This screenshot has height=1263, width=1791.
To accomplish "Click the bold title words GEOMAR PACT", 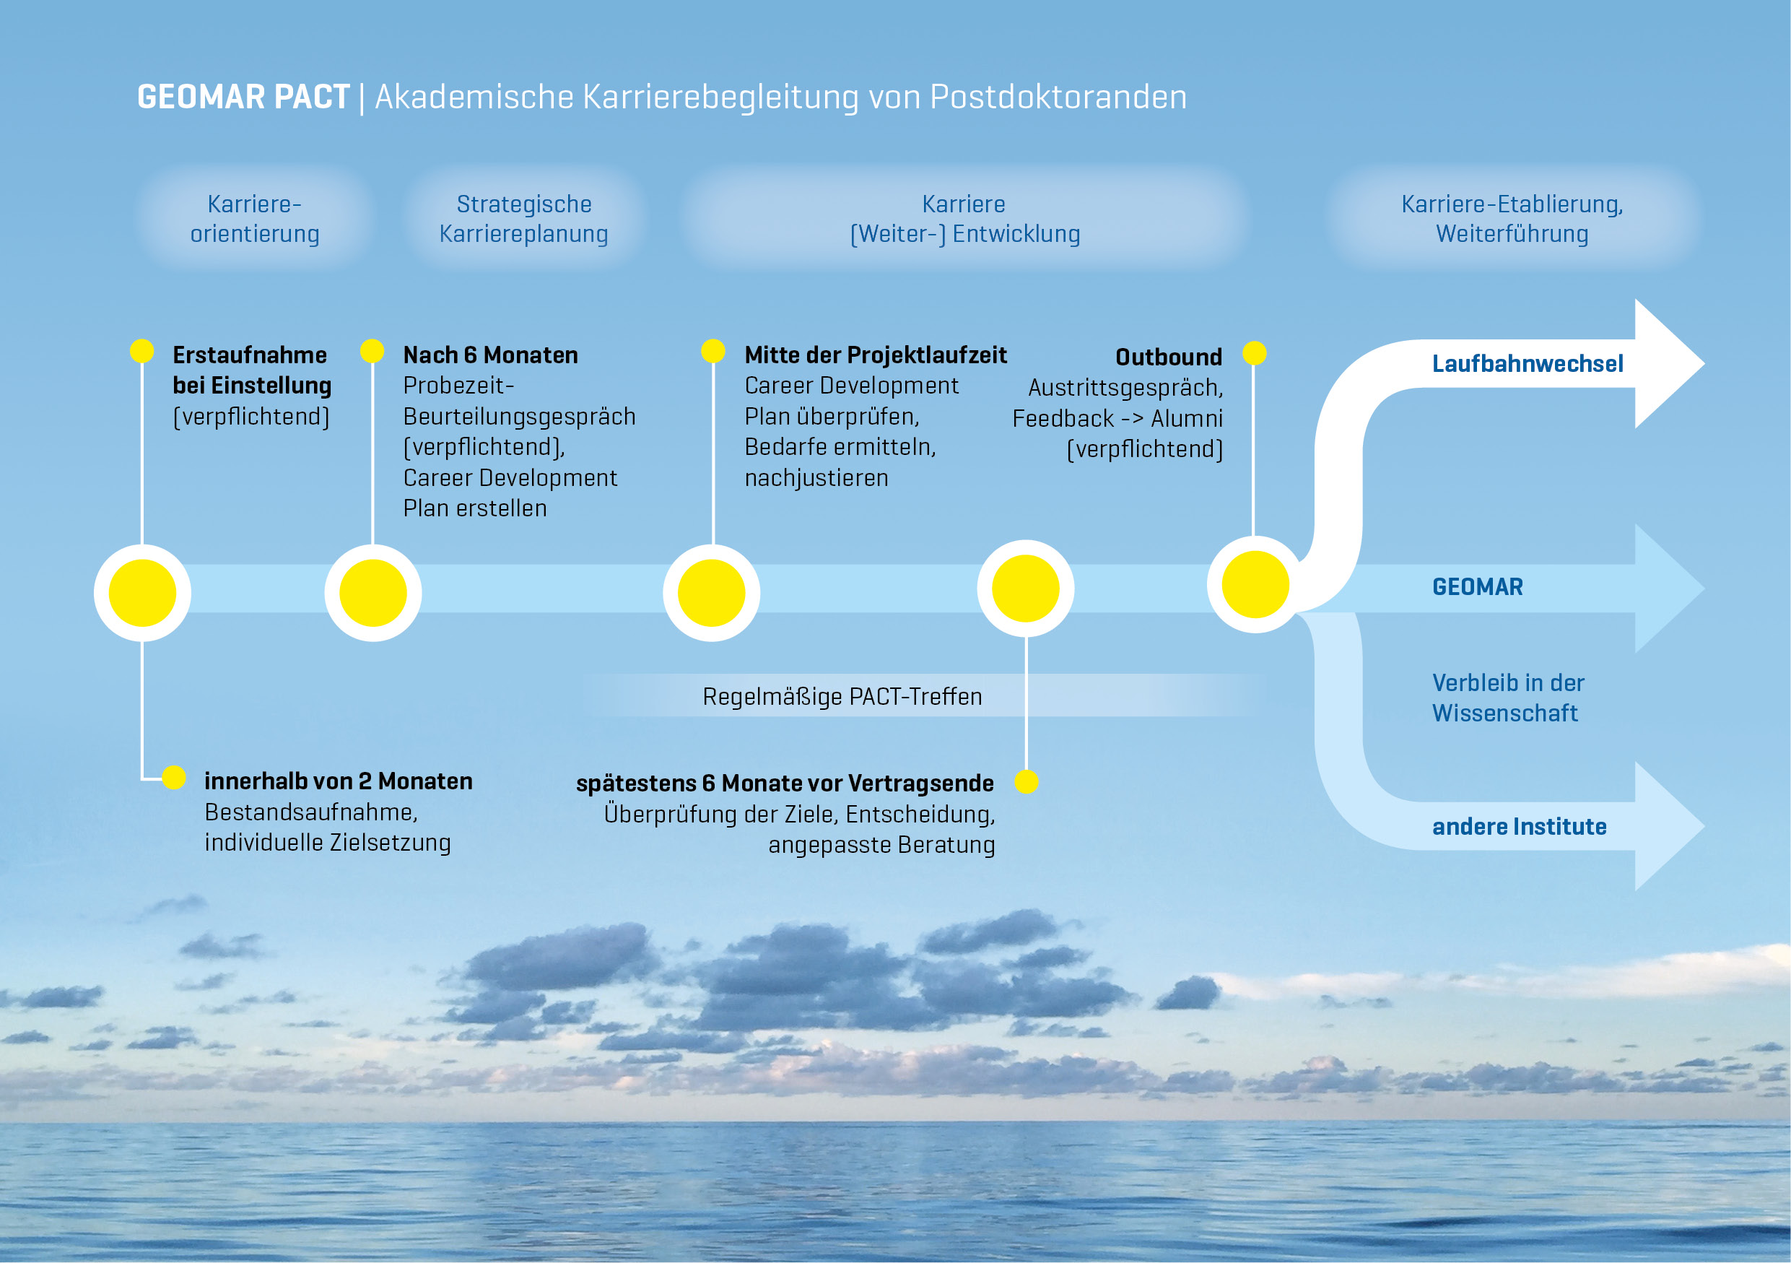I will click(243, 97).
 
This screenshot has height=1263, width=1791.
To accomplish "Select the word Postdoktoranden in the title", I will click(1058, 97).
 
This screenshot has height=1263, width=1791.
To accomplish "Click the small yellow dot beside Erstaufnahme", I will click(142, 351).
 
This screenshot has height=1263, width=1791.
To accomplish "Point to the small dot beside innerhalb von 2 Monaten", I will click(174, 778).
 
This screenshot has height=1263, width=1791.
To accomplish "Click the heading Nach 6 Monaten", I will click(490, 356).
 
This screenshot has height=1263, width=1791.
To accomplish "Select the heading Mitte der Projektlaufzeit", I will click(875, 356).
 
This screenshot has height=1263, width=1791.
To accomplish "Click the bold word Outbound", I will click(1168, 357).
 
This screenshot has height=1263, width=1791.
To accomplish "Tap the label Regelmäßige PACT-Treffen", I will click(842, 697).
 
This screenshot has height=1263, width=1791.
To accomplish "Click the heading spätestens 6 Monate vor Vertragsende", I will click(785, 784).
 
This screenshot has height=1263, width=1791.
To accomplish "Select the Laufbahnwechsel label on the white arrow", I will click(1527, 363).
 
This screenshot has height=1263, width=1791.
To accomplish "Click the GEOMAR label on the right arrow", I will click(1477, 587).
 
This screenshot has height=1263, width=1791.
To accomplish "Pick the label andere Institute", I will click(1519, 827).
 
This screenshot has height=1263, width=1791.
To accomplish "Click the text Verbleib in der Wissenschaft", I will click(1507, 698).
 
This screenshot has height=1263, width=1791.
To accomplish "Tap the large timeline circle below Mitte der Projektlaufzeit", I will click(710, 593).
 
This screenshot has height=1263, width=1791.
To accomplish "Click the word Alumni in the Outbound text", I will click(1187, 419).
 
